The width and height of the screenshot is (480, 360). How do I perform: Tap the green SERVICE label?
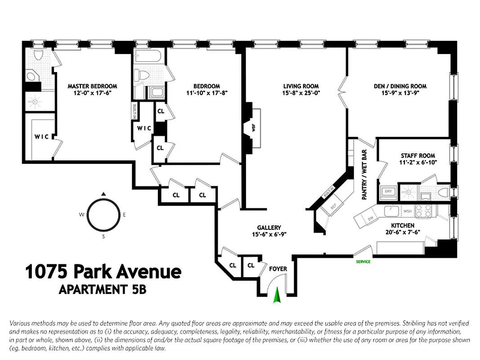tap(363, 261)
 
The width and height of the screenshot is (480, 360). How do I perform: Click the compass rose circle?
tap(103, 215)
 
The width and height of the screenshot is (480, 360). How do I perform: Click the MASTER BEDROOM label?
tap(92, 86)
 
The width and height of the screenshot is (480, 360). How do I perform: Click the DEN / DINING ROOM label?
tap(400, 86)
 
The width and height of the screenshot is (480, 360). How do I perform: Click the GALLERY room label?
tap(269, 228)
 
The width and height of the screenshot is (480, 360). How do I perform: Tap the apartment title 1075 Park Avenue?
tap(103, 272)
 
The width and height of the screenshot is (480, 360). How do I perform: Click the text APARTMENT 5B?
tap(103, 289)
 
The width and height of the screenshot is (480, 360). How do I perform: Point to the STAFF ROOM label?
tap(418, 156)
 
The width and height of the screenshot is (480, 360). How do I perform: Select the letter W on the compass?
tap(82, 215)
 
